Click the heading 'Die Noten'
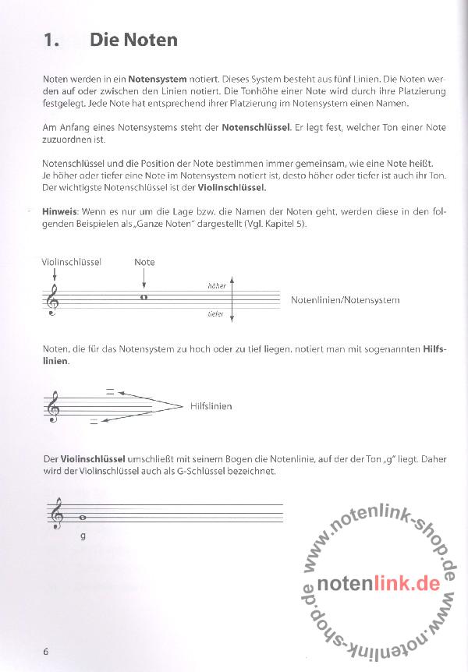tap(133, 40)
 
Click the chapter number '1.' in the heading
tap(51, 40)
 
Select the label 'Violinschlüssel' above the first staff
tap(72, 262)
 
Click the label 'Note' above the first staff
tap(144, 262)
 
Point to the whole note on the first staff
tap(144, 296)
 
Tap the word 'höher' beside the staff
tap(216, 286)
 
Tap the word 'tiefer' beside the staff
tap(216, 314)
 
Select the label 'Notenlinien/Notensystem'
tap(345, 300)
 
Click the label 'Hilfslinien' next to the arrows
tap(211, 406)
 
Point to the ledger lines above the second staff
tap(111, 391)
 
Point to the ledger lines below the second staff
tap(94, 421)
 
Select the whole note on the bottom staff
tap(82, 516)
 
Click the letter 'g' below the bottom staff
tap(83, 535)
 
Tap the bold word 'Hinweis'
tap(58, 211)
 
